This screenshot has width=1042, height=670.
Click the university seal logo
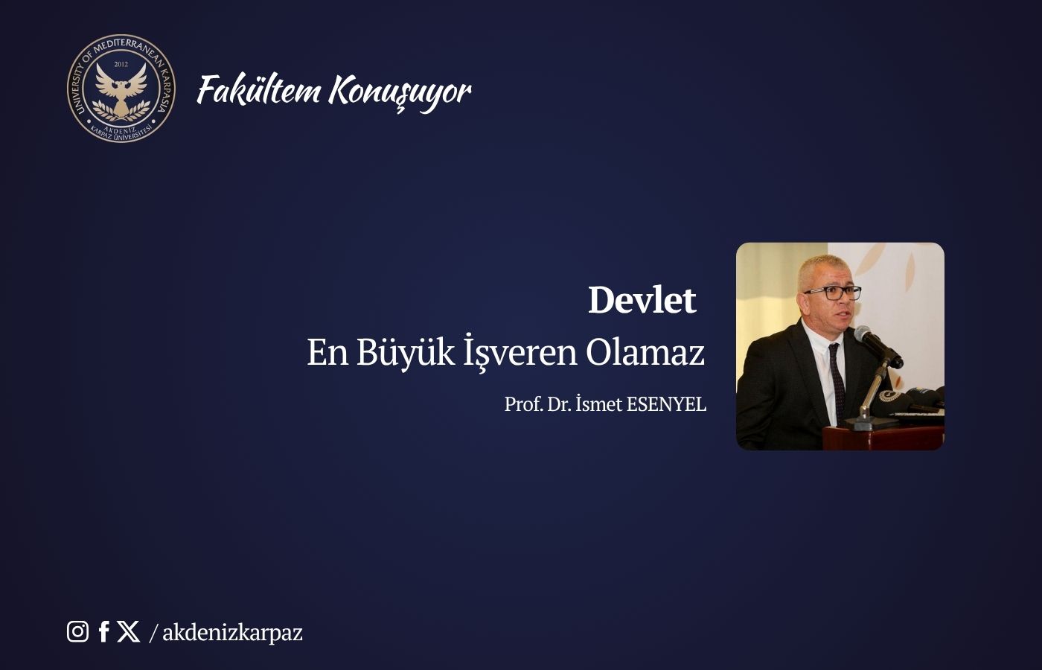click(x=121, y=88)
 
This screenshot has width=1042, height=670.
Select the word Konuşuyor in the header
click(x=400, y=92)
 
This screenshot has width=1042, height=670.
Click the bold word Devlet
click(x=642, y=300)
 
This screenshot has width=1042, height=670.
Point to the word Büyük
click(x=405, y=352)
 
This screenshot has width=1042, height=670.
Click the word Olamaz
click(x=645, y=352)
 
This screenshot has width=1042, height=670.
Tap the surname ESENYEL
click(x=666, y=404)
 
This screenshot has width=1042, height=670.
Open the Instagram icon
click(x=77, y=631)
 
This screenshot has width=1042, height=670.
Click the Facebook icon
click(x=104, y=631)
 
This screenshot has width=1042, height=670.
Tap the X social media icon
click(x=128, y=631)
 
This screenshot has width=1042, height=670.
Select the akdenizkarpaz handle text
click(x=232, y=633)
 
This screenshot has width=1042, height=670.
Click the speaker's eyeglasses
click(x=832, y=293)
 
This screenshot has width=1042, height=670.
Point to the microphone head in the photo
click(x=866, y=336)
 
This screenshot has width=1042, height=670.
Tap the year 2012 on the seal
click(x=121, y=65)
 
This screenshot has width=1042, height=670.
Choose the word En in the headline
click(x=327, y=352)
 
